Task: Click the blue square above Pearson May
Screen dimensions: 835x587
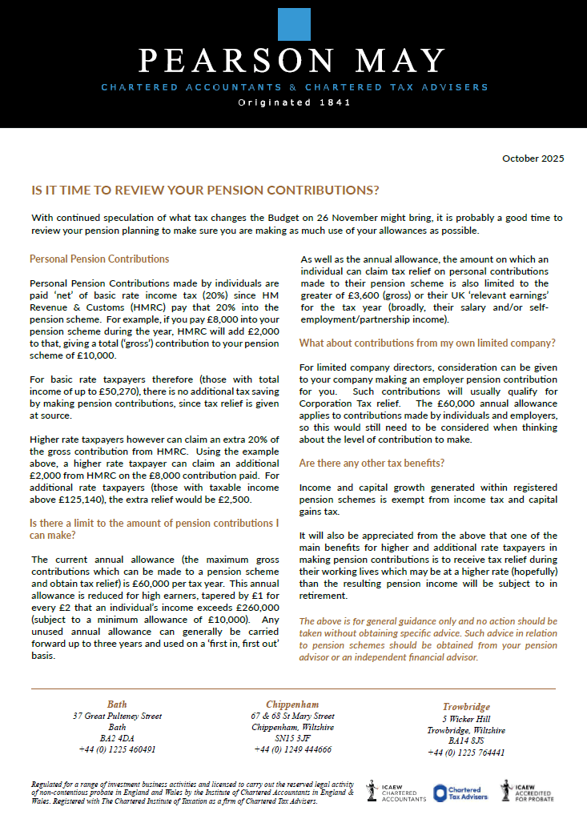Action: point(293,25)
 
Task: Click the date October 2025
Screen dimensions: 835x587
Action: point(533,159)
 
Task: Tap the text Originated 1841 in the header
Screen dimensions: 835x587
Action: point(293,103)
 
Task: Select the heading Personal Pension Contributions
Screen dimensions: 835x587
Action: point(99,259)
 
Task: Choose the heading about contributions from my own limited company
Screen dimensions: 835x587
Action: point(427,343)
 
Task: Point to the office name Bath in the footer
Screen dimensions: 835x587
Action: point(117,705)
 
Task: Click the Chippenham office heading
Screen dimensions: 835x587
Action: point(292,705)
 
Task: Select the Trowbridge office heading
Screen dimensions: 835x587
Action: point(465,708)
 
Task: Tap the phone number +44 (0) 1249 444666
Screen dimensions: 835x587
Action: point(292,750)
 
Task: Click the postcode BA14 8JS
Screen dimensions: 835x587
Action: point(465,741)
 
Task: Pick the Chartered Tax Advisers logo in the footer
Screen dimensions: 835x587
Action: point(460,793)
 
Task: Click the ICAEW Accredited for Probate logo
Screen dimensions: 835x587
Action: point(529,793)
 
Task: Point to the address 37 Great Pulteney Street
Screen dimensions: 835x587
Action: point(117,716)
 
